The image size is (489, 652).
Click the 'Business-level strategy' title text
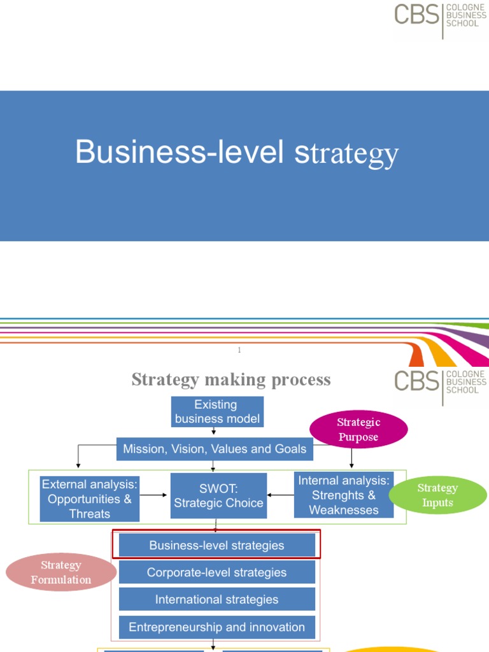point(236,153)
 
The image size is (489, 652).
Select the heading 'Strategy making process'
point(230,380)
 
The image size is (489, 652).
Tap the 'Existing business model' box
point(217,412)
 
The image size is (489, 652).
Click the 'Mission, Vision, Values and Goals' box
point(215,449)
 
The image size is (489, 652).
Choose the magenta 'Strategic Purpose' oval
point(358,430)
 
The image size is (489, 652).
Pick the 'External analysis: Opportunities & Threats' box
point(89,499)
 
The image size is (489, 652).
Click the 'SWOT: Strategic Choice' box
point(218,495)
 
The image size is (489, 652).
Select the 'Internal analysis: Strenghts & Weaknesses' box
point(344,495)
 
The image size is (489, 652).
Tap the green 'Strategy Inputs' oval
point(437,495)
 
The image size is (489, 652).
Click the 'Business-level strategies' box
point(216,545)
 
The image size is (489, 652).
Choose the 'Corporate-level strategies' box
point(216,572)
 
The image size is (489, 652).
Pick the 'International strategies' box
point(216,599)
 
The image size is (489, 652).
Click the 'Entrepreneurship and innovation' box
point(216,627)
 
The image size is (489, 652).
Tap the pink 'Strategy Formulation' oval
point(61,572)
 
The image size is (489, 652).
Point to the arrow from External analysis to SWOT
point(154,495)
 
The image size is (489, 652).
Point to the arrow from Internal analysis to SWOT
point(281,495)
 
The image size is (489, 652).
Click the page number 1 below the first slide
point(239,350)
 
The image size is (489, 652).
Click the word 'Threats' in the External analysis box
point(89,514)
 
